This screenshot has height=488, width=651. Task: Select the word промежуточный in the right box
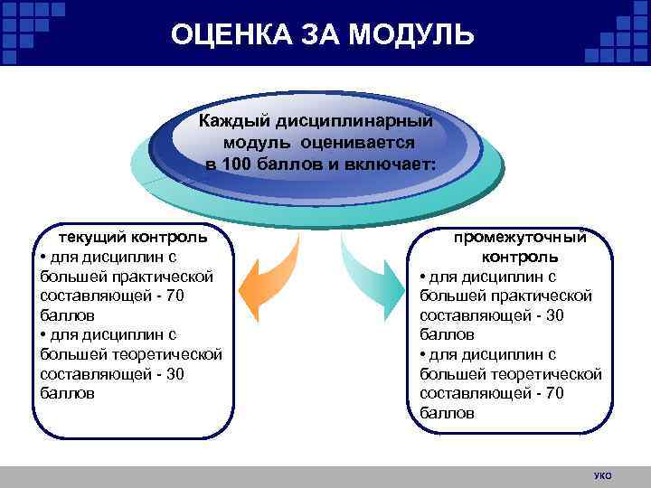[x=520, y=238]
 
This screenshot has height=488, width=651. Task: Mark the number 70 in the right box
[x=555, y=393]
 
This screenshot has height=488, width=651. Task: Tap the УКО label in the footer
[x=603, y=475]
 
